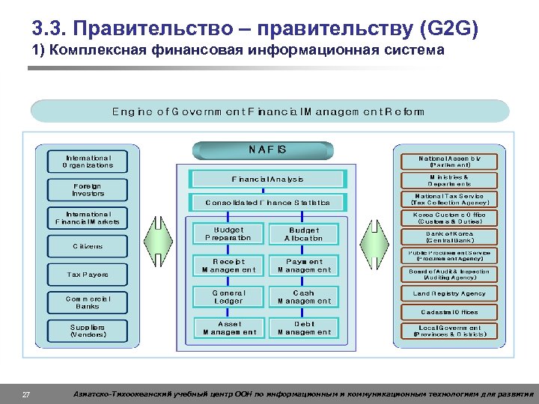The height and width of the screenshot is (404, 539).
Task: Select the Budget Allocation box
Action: [x=303, y=234]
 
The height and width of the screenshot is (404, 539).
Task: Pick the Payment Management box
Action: [x=303, y=266]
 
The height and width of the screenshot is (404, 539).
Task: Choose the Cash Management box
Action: [x=303, y=297]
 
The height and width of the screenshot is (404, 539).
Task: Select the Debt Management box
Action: [x=303, y=328]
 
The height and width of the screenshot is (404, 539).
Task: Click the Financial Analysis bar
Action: [x=267, y=180]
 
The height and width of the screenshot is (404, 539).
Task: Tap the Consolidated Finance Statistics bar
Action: [x=267, y=202]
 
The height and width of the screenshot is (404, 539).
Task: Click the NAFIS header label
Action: [x=267, y=150]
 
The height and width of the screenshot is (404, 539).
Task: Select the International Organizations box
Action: [x=88, y=162]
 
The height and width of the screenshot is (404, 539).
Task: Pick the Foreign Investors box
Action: [x=88, y=190]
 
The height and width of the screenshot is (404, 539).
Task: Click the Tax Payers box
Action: [x=88, y=275]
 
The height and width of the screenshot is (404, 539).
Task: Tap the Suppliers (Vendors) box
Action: [x=88, y=331]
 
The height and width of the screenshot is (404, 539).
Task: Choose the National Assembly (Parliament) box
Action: [x=449, y=162]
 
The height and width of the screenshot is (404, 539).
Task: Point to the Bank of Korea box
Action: [x=449, y=236]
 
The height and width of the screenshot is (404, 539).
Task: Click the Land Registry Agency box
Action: [x=449, y=294]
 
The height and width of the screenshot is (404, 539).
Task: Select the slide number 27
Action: [x=26, y=394]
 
